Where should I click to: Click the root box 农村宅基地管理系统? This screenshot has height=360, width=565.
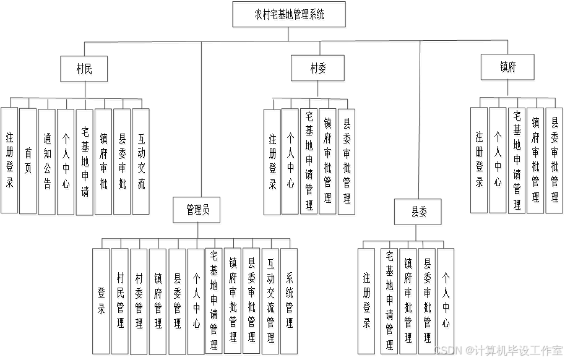click(288, 15)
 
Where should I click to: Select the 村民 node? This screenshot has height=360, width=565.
click(85, 69)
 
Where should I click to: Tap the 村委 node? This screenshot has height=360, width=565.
click(318, 69)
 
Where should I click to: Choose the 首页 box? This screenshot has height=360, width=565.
click(28, 162)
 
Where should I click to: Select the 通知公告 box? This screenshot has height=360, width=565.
click(48, 162)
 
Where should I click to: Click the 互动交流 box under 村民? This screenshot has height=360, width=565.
click(142, 162)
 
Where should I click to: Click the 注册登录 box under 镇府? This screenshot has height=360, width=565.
click(480, 161)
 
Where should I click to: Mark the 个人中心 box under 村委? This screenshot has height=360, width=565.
click(291, 162)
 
